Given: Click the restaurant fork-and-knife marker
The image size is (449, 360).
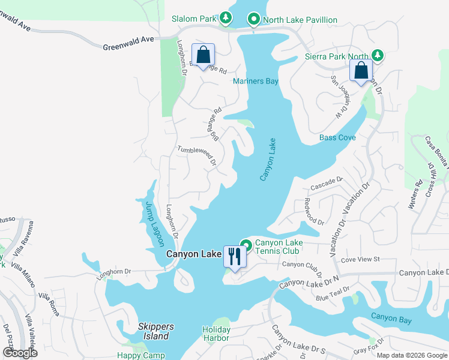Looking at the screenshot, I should pyautogui.click(x=233, y=256).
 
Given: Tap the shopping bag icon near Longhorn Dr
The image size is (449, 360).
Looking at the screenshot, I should pyautogui.click(x=203, y=55).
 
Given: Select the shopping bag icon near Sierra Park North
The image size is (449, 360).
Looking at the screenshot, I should pyautogui.click(x=361, y=71).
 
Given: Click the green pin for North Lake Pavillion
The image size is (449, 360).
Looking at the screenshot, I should pyautogui.click(x=253, y=20).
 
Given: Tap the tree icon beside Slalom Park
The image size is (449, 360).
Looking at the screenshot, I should pyautogui.click(x=226, y=19).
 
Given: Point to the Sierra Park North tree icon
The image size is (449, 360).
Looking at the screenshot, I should pyautogui.click(x=377, y=56).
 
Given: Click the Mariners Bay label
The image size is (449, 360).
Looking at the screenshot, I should pyautogui.click(x=256, y=82).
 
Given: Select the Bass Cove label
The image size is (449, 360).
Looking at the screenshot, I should pyautogui.click(x=337, y=137).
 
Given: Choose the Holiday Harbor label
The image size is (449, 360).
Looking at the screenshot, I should pyautogui.click(x=216, y=334).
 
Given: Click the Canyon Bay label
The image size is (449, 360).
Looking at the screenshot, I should pyautogui.click(x=391, y=318).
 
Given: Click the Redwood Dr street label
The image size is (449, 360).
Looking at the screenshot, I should pyautogui.click(x=314, y=211).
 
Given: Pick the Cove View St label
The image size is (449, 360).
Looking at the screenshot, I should pyautogui.click(x=360, y=259).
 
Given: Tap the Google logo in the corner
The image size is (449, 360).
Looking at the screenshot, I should pyautogui.click(x=20, y=353).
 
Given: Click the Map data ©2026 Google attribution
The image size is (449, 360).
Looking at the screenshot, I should pyautogui.click(x=411, y=355).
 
